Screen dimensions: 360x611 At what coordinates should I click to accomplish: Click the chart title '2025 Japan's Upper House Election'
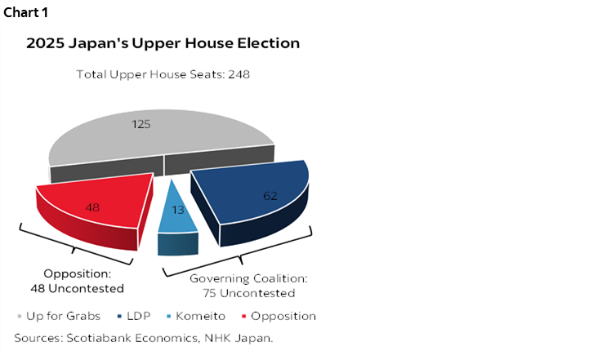tap(163, 43)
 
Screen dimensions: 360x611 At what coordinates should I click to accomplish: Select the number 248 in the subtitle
tap(239, 74)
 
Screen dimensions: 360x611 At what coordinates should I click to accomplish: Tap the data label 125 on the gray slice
tap(141, 124)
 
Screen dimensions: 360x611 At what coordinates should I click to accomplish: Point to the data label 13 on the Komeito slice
tap(178, 210)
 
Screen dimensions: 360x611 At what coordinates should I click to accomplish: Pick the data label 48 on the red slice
tap(93, 207)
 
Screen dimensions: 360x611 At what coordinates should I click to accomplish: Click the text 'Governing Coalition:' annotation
tap(248, 278)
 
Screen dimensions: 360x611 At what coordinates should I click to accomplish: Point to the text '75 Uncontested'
tap(248, 293)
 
